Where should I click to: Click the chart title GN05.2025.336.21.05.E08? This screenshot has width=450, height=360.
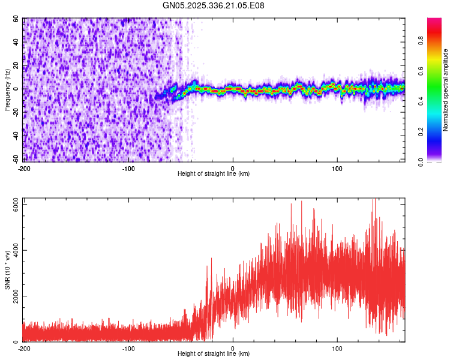214,6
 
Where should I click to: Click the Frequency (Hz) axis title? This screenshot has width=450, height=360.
8,89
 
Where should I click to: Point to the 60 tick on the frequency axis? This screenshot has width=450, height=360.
16,19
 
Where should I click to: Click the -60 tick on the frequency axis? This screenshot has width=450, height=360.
15,159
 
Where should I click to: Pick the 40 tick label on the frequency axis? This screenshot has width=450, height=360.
16,43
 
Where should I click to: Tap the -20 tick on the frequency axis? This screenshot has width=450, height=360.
15,112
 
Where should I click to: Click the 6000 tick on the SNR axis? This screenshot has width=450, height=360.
13,205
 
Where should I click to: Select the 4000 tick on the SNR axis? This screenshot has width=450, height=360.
13,251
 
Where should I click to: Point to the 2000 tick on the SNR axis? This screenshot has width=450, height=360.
13,296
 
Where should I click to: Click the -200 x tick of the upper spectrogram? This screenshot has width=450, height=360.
24,168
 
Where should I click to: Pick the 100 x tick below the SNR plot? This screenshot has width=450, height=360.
337,348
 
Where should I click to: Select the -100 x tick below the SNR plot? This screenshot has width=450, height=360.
128,348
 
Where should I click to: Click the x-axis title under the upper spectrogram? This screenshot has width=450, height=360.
214,174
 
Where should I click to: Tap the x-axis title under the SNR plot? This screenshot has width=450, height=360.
214,354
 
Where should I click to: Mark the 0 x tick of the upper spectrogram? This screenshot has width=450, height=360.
233,168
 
